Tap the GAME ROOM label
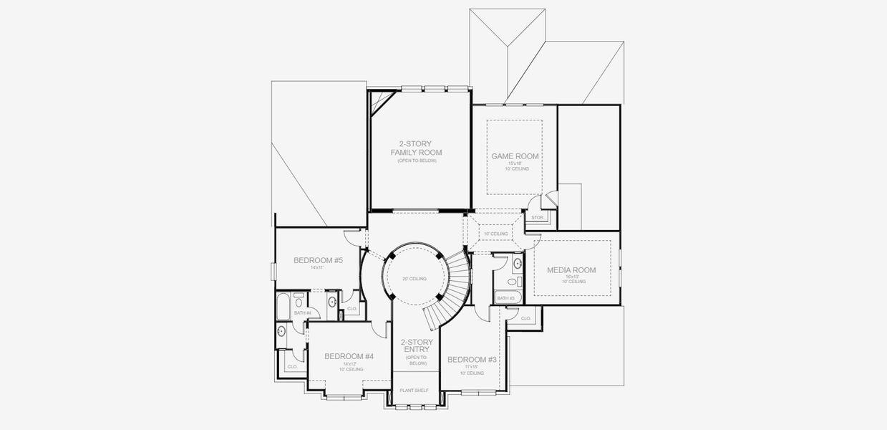[x=515, y=156]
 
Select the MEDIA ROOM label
[x=571, y=270]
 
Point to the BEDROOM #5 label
[x=318, y=260]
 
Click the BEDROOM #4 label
[x=349, y=356]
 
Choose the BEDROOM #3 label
[x=472, y=359]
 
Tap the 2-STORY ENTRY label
[x=415, y=346]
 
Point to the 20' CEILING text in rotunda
[x=415, y=279]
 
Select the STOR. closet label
[x=537, y=217]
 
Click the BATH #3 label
[x=506, y=298]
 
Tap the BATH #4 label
[x=302, y=313]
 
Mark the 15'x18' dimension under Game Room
[x=515, y=163]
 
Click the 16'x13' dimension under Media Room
[x=571, y=277]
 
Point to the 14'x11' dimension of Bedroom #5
[x=318, y=267]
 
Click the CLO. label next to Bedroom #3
[x=525, y=318]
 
